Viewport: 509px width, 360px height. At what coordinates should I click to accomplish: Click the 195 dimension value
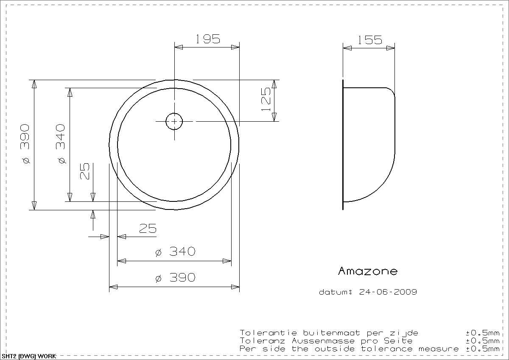tap(208, 39)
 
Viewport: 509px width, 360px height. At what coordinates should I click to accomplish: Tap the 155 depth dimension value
tap(370, 40)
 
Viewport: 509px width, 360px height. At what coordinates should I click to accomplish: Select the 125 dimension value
tap(266, 99)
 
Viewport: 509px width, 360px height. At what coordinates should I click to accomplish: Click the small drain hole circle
tap(174, 121)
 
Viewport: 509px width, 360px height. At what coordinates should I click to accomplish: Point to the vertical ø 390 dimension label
tap(25, 144)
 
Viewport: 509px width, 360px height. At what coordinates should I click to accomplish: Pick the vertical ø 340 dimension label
tap(60, 144)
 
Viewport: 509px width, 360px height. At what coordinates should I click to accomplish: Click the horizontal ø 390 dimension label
tap(175, 277)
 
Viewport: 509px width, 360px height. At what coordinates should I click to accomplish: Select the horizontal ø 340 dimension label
tap(175, 251)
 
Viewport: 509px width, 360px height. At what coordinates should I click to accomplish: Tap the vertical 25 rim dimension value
tap(85, 171)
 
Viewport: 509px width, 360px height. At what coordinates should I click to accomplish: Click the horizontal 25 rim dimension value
tap(148, 228)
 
